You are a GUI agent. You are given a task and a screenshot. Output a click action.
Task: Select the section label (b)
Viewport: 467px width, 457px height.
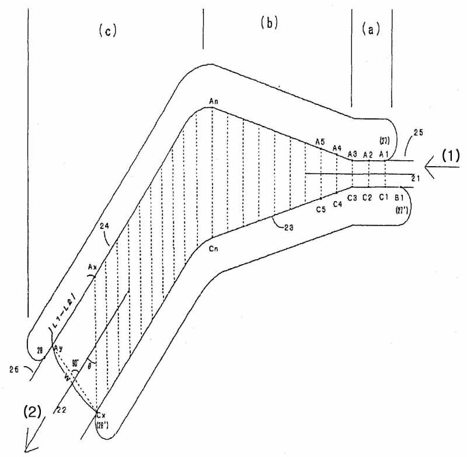click(x=269, y=23)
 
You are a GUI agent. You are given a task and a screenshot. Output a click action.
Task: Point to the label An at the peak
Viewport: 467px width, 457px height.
click(x=214, y=101)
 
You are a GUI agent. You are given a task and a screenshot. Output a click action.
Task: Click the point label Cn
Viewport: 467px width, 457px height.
click(x=213, y=248)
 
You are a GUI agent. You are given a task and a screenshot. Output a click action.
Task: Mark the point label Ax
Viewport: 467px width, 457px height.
click(x=92, y=267)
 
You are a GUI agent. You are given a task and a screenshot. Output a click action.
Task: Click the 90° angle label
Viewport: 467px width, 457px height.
click(x=75, y=362)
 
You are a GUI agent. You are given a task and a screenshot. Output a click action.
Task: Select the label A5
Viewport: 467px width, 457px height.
click(x=319, y=142)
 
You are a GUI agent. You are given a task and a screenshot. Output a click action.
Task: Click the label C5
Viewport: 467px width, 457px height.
click(x=320, y=210)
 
